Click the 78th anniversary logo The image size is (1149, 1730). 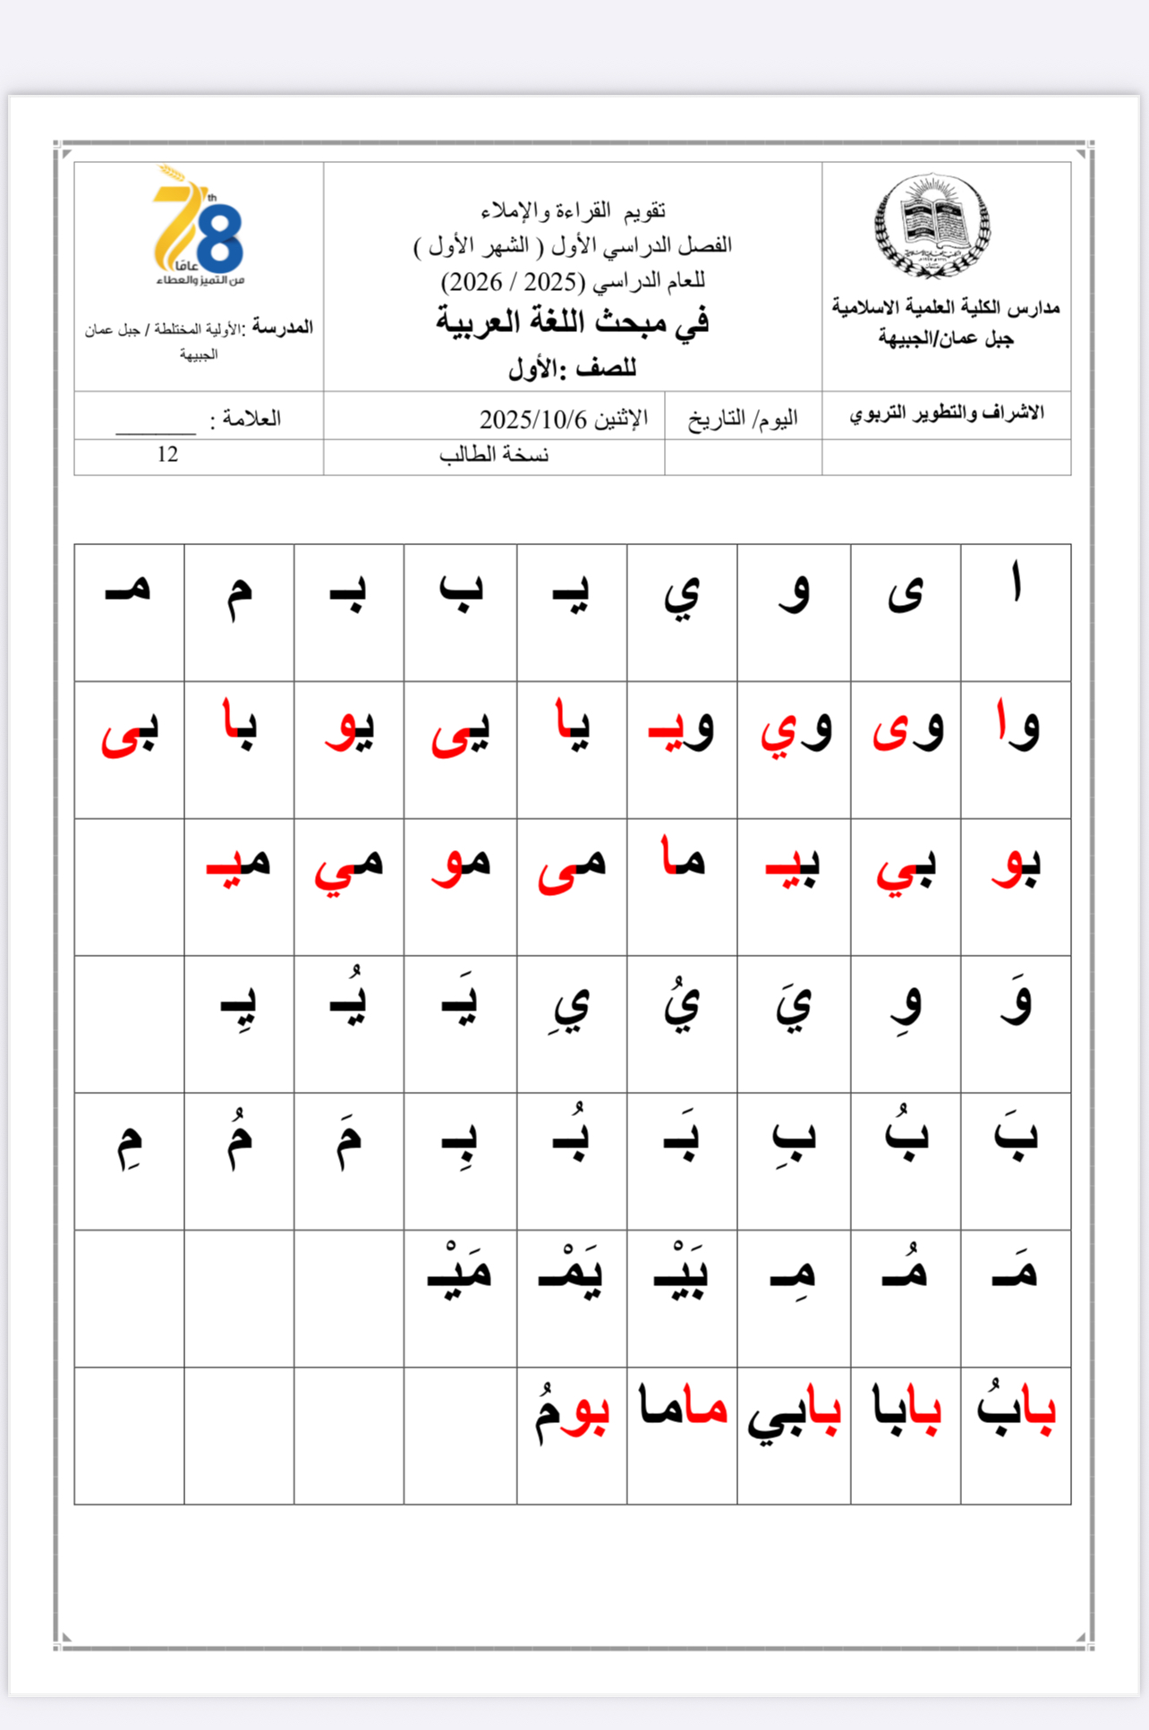pos(198,226)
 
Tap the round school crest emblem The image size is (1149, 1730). pos(932,226)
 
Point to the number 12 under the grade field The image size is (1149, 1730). pos(167,455)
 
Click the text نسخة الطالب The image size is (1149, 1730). pos(494,455)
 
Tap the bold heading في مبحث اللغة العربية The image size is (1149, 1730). pos(572,321)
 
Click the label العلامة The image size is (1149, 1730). pos(245,419)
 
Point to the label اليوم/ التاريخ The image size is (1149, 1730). pos(743,419)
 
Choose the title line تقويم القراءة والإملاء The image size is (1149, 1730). pos(573,211)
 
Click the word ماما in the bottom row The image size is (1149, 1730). pos(682,1407)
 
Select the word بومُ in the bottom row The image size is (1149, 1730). pos(573,1412)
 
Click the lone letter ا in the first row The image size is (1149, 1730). pos(1016,586)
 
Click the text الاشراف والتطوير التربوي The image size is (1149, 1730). pos(946,413)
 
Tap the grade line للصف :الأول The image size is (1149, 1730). pos(572,368)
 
